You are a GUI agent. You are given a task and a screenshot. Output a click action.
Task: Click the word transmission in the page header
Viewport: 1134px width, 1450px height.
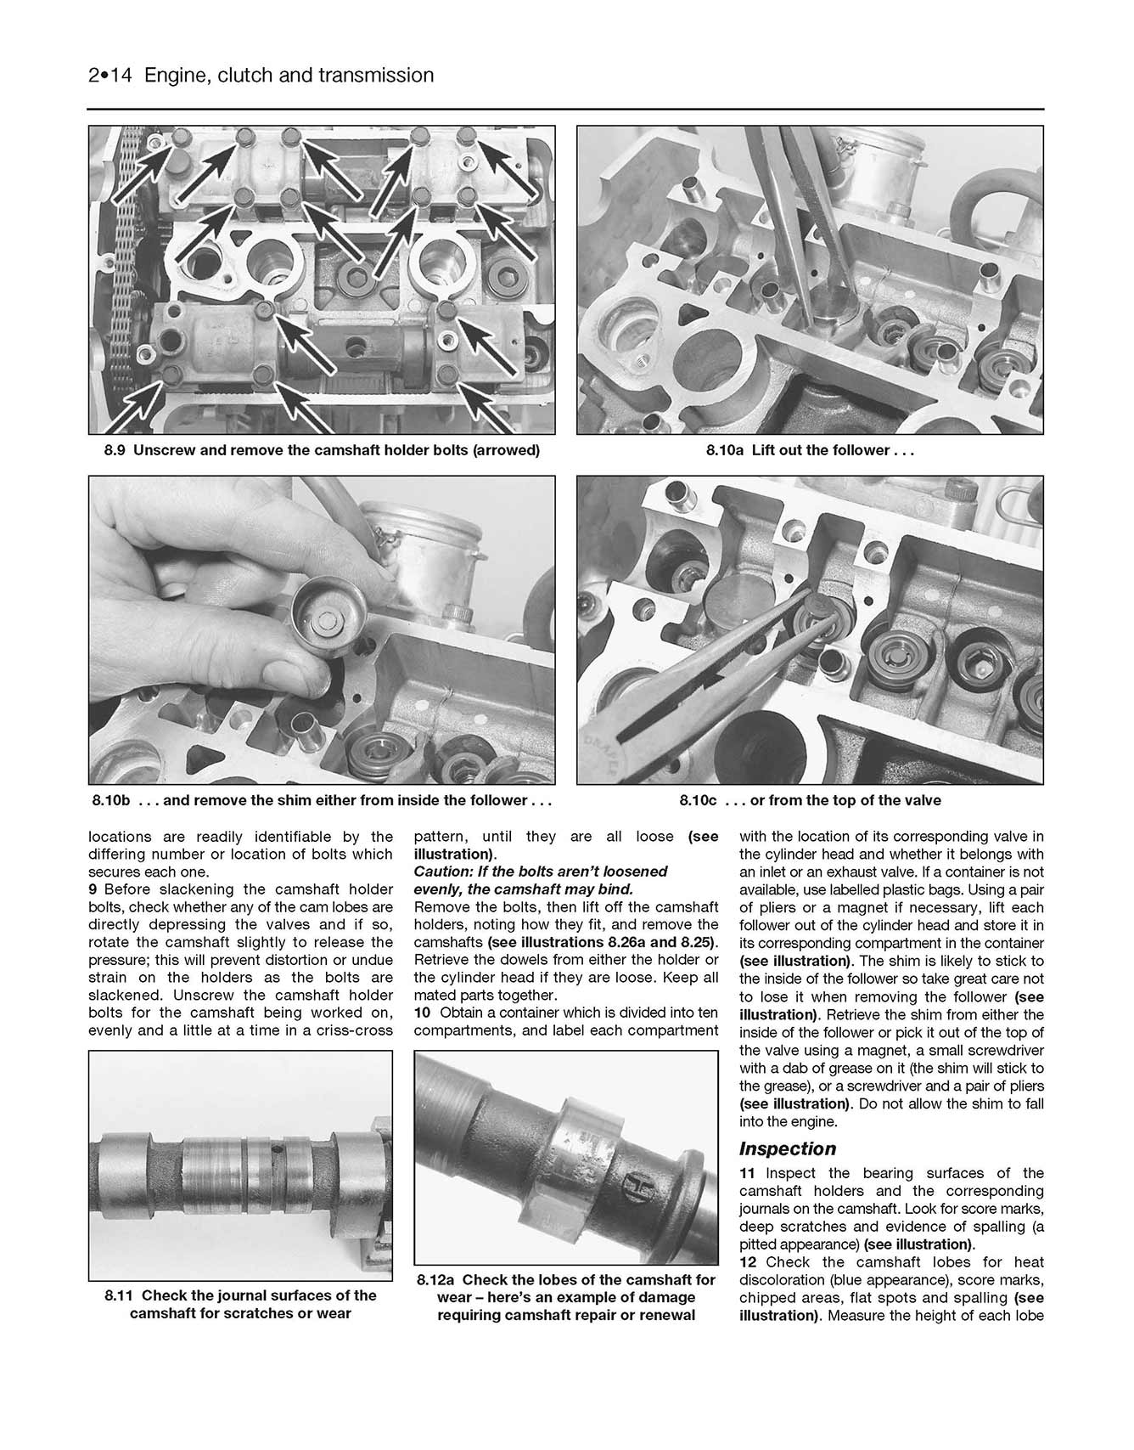click(375, 76)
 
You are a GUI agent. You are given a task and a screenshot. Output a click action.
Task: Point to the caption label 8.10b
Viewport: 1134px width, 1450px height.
click(111, 800)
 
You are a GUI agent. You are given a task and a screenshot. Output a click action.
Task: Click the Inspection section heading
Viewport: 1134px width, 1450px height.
click(787, 1148)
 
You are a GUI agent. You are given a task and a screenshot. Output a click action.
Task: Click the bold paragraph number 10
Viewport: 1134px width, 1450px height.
click(422, 1013)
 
